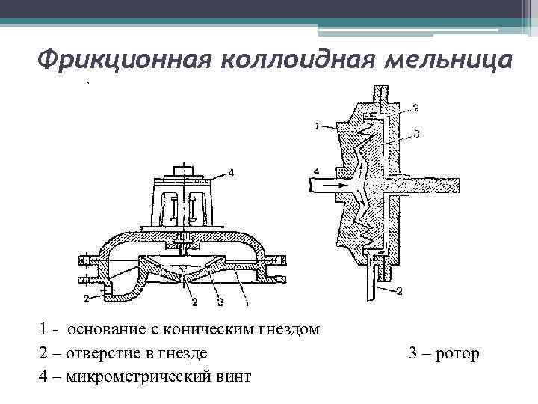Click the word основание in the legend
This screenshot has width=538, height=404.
pos(114,329)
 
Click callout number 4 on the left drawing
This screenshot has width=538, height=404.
pos(231,173)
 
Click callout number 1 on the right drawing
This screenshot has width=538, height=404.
pos(318,127)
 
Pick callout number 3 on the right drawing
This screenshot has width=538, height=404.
pos(415,135)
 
